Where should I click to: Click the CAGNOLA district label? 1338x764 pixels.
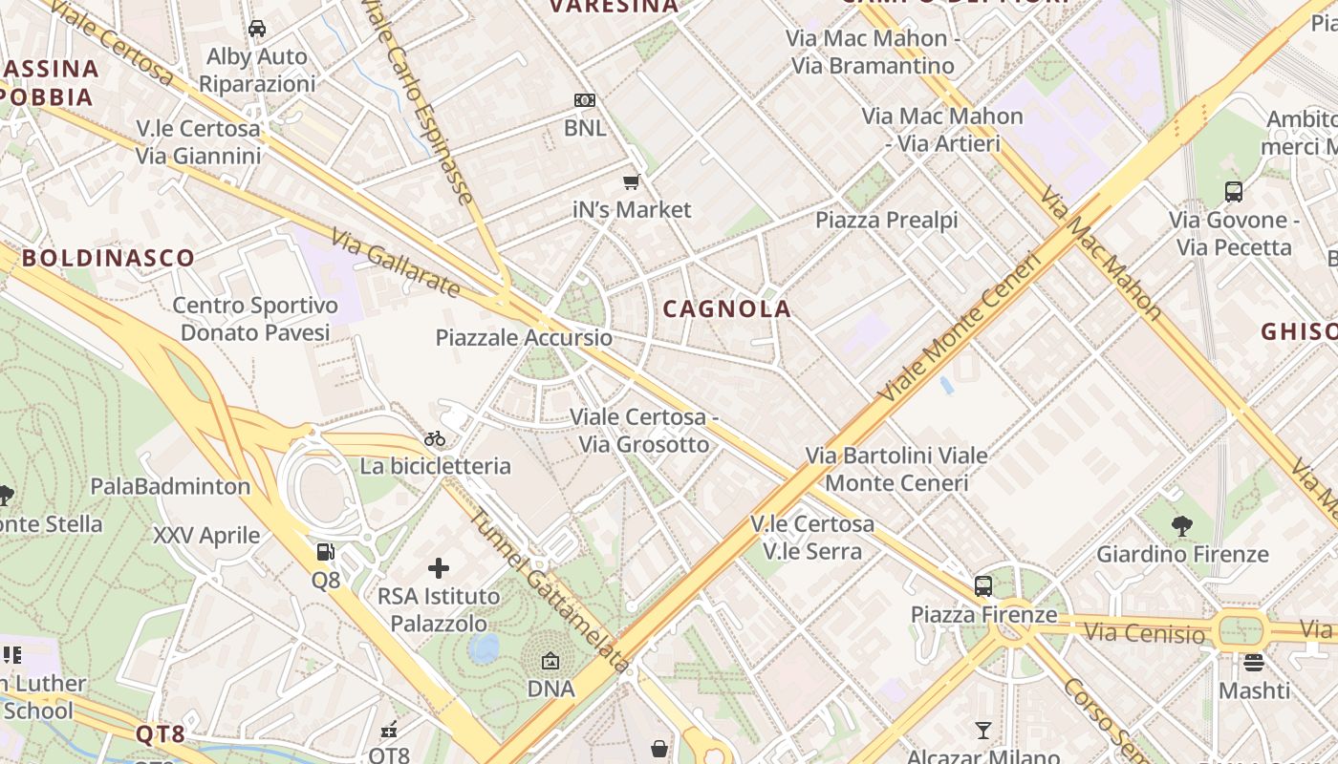(x=726, y=308)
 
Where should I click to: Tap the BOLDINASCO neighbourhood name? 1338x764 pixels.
(x=108, y=257)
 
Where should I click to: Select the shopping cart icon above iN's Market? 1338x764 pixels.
(x=631, y=181)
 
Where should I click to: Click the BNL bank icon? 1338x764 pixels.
(x=585, y=100)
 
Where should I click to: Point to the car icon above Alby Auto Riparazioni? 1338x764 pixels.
(x=257, y=29)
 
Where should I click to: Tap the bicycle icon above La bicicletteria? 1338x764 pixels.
(x=435, y=438)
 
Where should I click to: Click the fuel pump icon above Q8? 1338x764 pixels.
(x=326, y=552)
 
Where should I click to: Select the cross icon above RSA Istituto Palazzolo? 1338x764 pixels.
(x=439, y=568)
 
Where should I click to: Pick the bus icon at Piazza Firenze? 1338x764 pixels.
(x=983, y=586)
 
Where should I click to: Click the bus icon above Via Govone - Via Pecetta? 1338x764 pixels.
(x=1234, y=191)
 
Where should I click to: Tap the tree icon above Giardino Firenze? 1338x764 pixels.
(x=1182, y=525)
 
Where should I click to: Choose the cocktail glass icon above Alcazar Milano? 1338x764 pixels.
(x=982, y=731)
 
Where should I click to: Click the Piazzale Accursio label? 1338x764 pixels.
(x=524, y=337)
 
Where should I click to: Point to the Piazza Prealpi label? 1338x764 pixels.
(x=886, y=220)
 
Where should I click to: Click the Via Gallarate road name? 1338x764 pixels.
(x=396, y=263)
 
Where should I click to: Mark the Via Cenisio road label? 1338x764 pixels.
(x=1145, y=632)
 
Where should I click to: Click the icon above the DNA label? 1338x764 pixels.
(x=550, y=661)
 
